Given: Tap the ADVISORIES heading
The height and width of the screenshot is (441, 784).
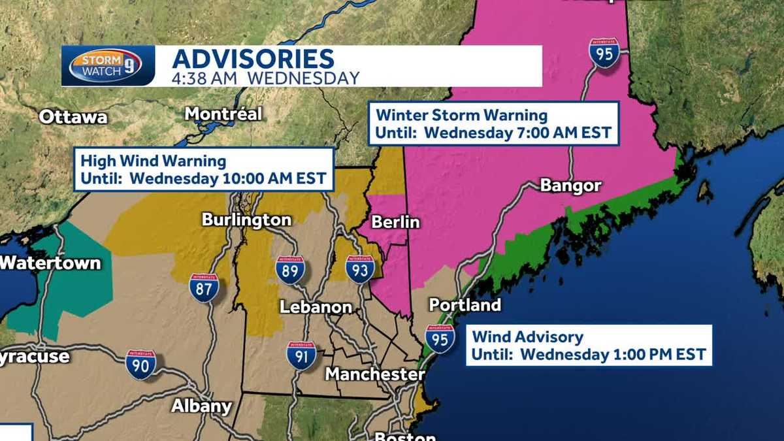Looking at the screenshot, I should pyautogui.click(x=253, y=58).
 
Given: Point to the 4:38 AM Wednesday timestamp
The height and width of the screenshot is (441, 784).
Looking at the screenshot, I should pyautogui.click(x=265, y=78).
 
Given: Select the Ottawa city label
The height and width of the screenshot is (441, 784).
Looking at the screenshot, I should pyautogui.click(x=73, y=117).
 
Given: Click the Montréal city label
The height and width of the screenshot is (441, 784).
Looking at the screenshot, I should pyautogui.click(x=223, y=114).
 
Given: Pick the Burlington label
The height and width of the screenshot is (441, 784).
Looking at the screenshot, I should pyautogui.click(x=246, y=220).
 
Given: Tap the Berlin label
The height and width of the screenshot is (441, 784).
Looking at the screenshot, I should pyautogui.click(x=395, y=222).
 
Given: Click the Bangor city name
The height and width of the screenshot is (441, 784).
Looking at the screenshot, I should pyautogui.click(x=570, y=186).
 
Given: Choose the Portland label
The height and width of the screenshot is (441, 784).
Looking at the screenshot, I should pyautogui.click(x=465, y=305).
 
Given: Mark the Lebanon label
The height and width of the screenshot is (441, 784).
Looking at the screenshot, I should pyautogui.click(x=316, y=307).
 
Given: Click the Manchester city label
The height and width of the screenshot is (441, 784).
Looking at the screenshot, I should pyautogui.click(x=375, y=374).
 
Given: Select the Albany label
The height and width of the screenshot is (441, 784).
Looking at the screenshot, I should pyautogui.click(x=201, y=406).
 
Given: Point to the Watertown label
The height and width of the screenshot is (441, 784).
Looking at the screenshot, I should pyautogui.click(x=50, y=263).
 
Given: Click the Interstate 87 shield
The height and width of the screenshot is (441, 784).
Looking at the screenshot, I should pyautogui.click(x=204, y=288).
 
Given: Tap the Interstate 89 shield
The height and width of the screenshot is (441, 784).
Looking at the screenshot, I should pyautogui.click(x=290, y=270).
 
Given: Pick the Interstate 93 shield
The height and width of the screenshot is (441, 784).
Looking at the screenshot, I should pyautogui.click(x=359, y=269).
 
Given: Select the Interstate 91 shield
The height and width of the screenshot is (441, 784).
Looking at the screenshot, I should pyautogui.click(x=301, y=355).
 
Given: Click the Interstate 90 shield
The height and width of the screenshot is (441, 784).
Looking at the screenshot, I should pyautogui.click(x=141, y=365).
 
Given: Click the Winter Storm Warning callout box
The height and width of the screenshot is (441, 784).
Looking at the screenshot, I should pyautogui.click(x=493, y=124).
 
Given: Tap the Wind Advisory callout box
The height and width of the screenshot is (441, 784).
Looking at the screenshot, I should pyautogui.click(x=589, y=346).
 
